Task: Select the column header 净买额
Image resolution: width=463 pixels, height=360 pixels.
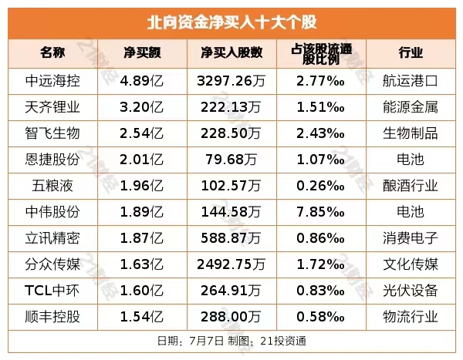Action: point(144,52)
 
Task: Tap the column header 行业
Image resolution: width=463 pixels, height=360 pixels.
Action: point(411,52)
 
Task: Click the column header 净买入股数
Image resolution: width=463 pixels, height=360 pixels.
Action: point(231,52)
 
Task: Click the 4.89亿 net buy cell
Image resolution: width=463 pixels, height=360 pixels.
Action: point(144,80)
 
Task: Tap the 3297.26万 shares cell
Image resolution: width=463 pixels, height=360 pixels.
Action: point(231,80)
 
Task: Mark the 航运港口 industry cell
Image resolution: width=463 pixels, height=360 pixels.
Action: point(411,80)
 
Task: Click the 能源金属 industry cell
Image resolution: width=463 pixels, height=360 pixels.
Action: point(411,106)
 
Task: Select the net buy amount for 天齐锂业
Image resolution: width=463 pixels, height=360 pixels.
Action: point(144,106)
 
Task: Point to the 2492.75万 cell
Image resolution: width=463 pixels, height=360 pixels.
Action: point(231,264)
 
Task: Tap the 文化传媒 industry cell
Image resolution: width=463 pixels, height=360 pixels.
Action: point(411,264)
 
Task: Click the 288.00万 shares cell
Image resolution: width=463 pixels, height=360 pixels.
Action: point(231,316)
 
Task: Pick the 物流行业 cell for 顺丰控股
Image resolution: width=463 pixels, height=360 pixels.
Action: point(411,316)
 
